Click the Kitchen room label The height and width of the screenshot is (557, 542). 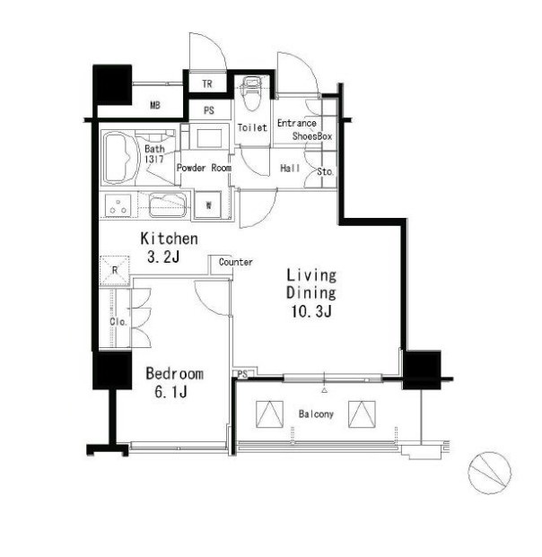click(170, 239)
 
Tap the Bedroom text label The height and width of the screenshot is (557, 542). click(174, 374)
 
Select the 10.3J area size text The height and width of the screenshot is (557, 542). click(311, 312)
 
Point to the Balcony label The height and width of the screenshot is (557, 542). click(316, 413)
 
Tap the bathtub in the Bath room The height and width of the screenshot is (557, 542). click(118, 159)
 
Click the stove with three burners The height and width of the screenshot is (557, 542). click(118, 206)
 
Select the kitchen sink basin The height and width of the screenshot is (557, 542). click(168, 205)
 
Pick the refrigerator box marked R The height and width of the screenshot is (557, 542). click(115, 270)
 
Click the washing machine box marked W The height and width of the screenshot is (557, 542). click(208, 205)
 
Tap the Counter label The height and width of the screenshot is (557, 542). click(236, 262)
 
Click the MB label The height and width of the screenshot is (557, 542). click(155, 106)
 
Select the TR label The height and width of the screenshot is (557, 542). click(207, 83)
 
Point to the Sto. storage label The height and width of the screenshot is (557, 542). click(325, 172)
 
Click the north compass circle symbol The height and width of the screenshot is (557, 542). click(489, 473)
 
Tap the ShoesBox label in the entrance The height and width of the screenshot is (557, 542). click(312, 136)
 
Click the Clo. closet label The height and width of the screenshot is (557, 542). click(118, 322)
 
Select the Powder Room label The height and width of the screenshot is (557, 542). click(204, 168)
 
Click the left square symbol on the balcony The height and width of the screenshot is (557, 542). click(270, 414)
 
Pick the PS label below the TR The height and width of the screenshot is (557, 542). click(209, 110)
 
